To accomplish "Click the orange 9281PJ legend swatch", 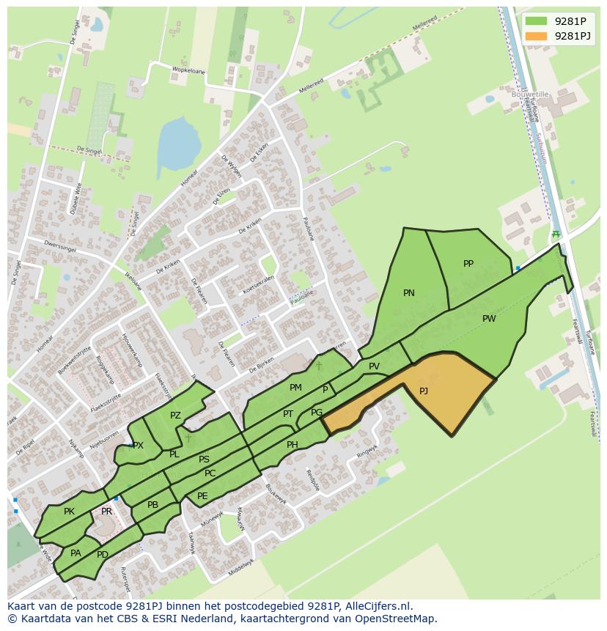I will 536,36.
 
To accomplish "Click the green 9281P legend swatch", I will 536,21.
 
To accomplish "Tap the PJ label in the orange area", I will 424,391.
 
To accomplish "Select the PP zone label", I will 468,264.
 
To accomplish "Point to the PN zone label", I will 409,293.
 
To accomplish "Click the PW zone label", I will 489,319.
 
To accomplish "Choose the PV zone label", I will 374,366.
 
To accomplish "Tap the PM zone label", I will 295,388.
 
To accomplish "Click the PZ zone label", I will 175,416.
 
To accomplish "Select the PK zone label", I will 69,512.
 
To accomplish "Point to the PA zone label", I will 76,553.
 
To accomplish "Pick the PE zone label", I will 202,496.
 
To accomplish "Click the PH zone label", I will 293,445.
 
